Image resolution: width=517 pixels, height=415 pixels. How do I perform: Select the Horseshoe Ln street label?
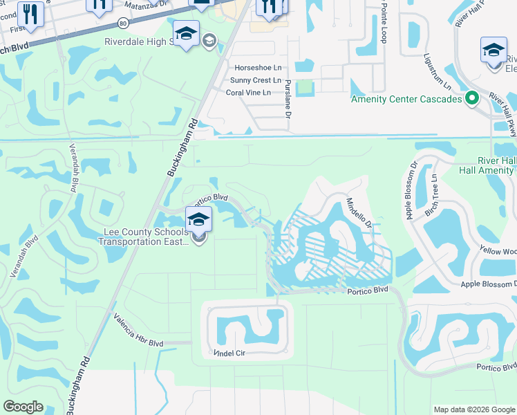point(258,68)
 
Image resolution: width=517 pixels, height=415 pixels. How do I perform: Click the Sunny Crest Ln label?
point(256,80)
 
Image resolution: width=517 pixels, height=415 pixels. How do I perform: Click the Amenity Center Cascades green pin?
point(472,98)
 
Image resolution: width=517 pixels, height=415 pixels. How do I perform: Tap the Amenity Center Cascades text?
point(406,99)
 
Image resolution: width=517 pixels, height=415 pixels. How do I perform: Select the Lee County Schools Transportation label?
point(146,237)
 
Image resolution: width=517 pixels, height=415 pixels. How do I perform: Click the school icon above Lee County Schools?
point(198,221)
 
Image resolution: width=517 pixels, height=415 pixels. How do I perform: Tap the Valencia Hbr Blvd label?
point(139,330)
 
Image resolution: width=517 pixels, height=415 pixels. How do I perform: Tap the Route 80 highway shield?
point(123,23)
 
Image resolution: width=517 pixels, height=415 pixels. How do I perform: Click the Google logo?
point(23,407)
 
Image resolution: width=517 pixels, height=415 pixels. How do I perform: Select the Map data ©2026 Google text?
point(473,409)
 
